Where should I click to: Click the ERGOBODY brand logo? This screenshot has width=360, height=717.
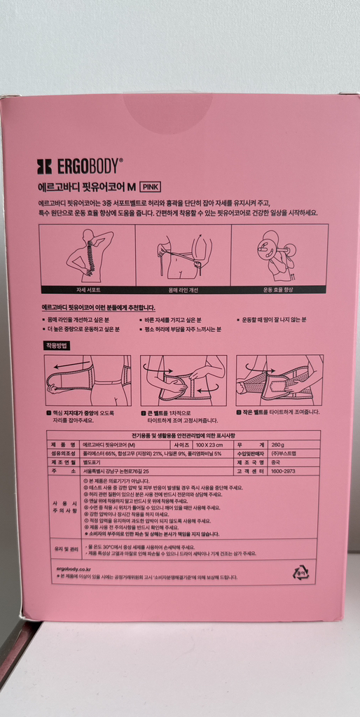click(79, 166)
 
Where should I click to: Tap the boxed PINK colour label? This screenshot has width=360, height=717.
click(151, 187)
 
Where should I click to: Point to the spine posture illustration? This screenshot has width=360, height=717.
click(88, 255)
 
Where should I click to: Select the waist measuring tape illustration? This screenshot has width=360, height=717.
click(183, 255)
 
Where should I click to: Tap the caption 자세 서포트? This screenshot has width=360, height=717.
click(88, 289)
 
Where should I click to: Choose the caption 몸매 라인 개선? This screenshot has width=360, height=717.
click(183, 289)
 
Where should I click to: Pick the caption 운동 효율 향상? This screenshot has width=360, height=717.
click(279, 289)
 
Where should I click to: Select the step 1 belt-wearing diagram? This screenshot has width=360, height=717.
click(88, 380)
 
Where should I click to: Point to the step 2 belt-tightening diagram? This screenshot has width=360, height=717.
click(183, 380)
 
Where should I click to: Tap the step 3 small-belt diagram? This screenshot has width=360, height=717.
click(279, 380)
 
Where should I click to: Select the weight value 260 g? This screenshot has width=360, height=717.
click(278, 444)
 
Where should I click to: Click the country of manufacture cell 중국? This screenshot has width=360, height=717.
click(277, 462)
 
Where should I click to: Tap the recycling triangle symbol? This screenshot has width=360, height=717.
click(300, 572)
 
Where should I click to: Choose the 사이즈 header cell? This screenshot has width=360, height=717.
click(179, 444)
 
